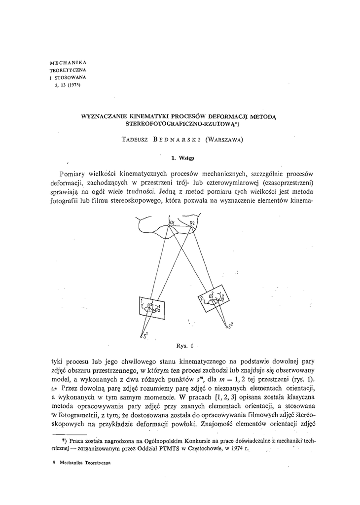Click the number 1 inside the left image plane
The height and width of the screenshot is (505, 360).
tap(141, 301)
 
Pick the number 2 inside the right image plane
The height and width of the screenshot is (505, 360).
tap(202, 299)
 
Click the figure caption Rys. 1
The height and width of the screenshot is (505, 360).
tap(182, 345)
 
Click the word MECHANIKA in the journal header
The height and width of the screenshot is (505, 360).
tap(69, 64)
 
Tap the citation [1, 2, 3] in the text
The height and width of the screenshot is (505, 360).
tap(225, 397)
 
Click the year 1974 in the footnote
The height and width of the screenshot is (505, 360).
tap(238, 450)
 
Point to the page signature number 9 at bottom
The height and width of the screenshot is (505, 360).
tap(53, 464)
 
